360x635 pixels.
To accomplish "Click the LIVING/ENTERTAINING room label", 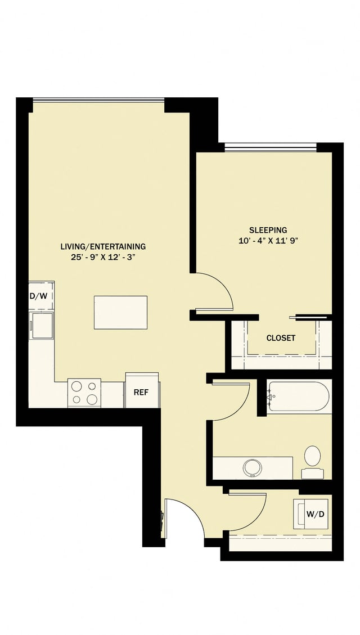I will pyautogui.click(x=103, y=246).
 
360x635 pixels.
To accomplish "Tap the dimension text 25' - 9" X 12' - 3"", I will pyautogui.click(x=103, y=258).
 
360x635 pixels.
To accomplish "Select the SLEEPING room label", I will pyautogui.click(x=268, y=230).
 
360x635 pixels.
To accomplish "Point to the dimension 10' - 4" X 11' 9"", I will pyautogui.click(x=268, y=241).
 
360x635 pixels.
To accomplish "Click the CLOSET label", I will pyautogui.click(x=281, y=338).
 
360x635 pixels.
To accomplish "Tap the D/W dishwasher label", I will pyautogui.click(x=39, y=296).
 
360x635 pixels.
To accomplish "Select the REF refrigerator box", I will pyautogui.click(x=141, y=391).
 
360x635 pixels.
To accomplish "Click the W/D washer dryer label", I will pyautogui.click(x=314, y=514).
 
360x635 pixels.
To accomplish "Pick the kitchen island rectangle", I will pyautogui.click(x=120, y=312).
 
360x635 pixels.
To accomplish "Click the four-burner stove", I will pyautogui.click(x=84, y=393).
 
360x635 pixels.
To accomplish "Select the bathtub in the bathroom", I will pyautogui.click(x=298, y=397).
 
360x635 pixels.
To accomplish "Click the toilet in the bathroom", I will pyautogui.click(x=312, y=457).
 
